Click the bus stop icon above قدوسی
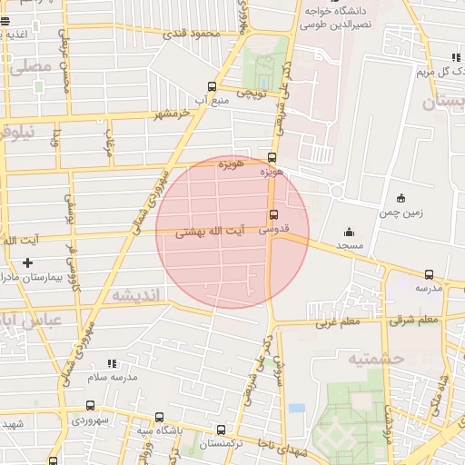tap(273, 215)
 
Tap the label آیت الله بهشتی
tap(211, 232)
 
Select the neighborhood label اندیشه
tap(135, 295)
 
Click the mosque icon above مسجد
tap(349, 232)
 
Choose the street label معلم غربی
tap(339, 322)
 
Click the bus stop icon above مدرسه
tap(429, 274)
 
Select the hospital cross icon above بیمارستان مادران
tap(28, 262)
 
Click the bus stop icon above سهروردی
tap(89, 406)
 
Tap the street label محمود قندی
tap(192, 35)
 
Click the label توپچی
tap(251, 93)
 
